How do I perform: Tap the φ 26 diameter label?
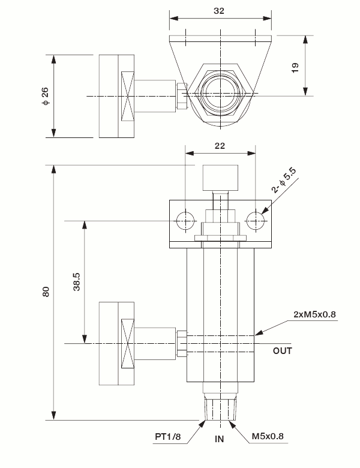pos(45,96)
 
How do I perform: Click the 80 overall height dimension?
pos(46,292)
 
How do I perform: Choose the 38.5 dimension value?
pos(77,281)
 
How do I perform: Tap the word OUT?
pos(283,350)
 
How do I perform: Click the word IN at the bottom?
pos(220,439)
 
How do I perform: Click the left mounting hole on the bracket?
pos(186,220)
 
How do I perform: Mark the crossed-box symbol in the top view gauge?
pos(128,96)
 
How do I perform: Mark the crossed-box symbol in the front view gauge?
pos(128,343)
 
